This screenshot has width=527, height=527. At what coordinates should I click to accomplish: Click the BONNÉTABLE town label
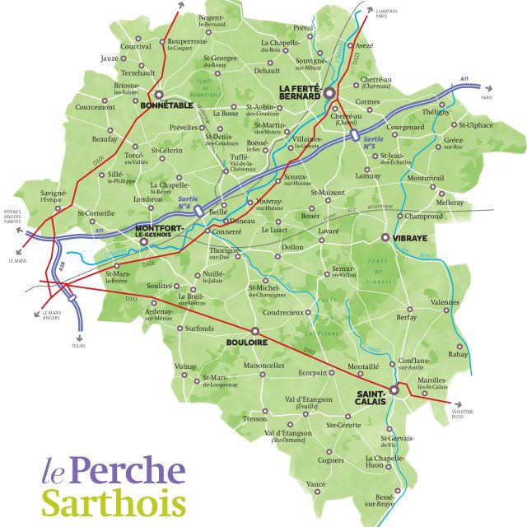pyautogui.click(x=167, y=106)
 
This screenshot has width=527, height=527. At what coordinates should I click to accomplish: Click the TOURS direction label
pyautogui.click(x=78, y=346)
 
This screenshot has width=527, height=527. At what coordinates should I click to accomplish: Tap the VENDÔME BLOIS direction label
pyautogui.click(x=463, y=414)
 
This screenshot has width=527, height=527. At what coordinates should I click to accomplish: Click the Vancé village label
pyautogui.click(x=316, y=483)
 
